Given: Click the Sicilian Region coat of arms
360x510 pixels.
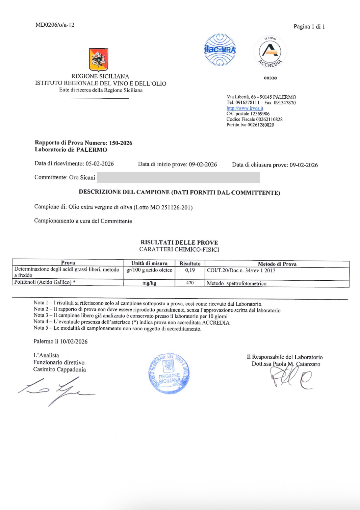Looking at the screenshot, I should coord(99,60).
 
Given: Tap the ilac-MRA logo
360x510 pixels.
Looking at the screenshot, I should coord(220,50).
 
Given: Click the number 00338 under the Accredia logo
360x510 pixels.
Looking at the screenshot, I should coord(270,78).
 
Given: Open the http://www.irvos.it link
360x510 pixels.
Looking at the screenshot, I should coord(245,108).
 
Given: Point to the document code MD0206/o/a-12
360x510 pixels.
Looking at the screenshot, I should coord(55,25).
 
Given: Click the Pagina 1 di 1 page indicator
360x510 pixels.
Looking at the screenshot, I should coord(309,27).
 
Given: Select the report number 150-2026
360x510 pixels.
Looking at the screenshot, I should coord(121,143).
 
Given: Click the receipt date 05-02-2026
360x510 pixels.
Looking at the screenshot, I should coord(100,164).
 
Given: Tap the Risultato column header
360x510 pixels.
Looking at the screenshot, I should coord(190,263).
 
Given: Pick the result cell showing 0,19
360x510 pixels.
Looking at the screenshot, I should coord(190,270).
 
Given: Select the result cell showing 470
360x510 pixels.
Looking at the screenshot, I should coord(190,283).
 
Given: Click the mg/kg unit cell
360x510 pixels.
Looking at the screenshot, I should coord(149,283).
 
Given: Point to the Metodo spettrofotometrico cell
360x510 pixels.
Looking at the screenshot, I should coord(236,283).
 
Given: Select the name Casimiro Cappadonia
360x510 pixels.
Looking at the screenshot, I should coord(59,369).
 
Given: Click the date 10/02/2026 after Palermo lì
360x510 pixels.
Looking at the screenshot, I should coord(74,341).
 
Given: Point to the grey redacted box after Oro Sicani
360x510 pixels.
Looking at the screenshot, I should coord(178,177).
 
